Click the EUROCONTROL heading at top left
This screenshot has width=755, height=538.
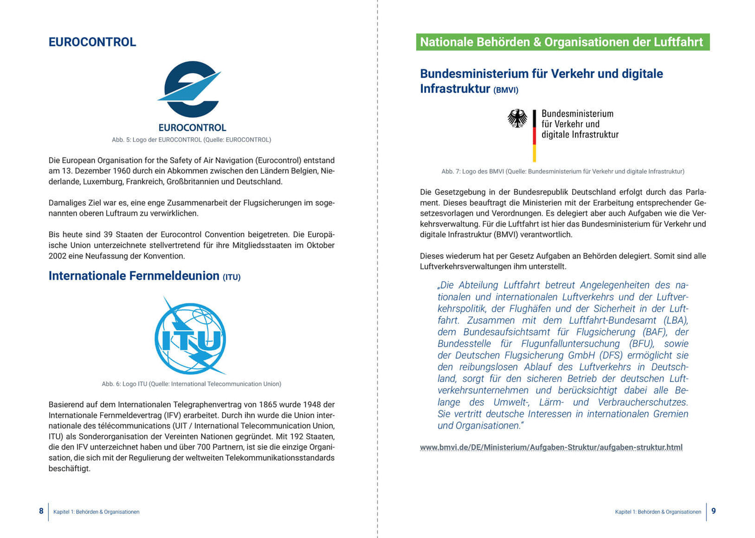click(x=92, y=42)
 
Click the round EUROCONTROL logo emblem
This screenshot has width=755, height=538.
click(x=191, y=90)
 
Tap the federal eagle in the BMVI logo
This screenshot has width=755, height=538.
click(x=517, y=119)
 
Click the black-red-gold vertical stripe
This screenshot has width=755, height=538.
click(x=534, y=136)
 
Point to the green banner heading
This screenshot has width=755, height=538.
click(x=562, y=42)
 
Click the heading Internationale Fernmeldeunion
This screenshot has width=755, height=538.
click(x=134, y=276)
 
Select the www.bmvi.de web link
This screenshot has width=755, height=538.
click(x=551, y=447)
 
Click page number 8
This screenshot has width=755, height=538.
click(x=41, y=511)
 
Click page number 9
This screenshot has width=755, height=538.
click(x=713, y=511)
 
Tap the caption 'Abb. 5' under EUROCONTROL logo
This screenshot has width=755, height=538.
click(x=191, y=140)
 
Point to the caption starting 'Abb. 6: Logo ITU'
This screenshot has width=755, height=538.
click(x=191, y=384)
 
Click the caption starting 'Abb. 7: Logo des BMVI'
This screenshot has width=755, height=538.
click(x=563, y=172)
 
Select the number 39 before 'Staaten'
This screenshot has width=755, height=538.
click(x=108, y=235)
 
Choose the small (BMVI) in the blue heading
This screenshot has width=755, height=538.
click(x=506, y=90)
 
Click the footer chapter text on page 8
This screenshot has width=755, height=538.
click(x=96, y=512)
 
